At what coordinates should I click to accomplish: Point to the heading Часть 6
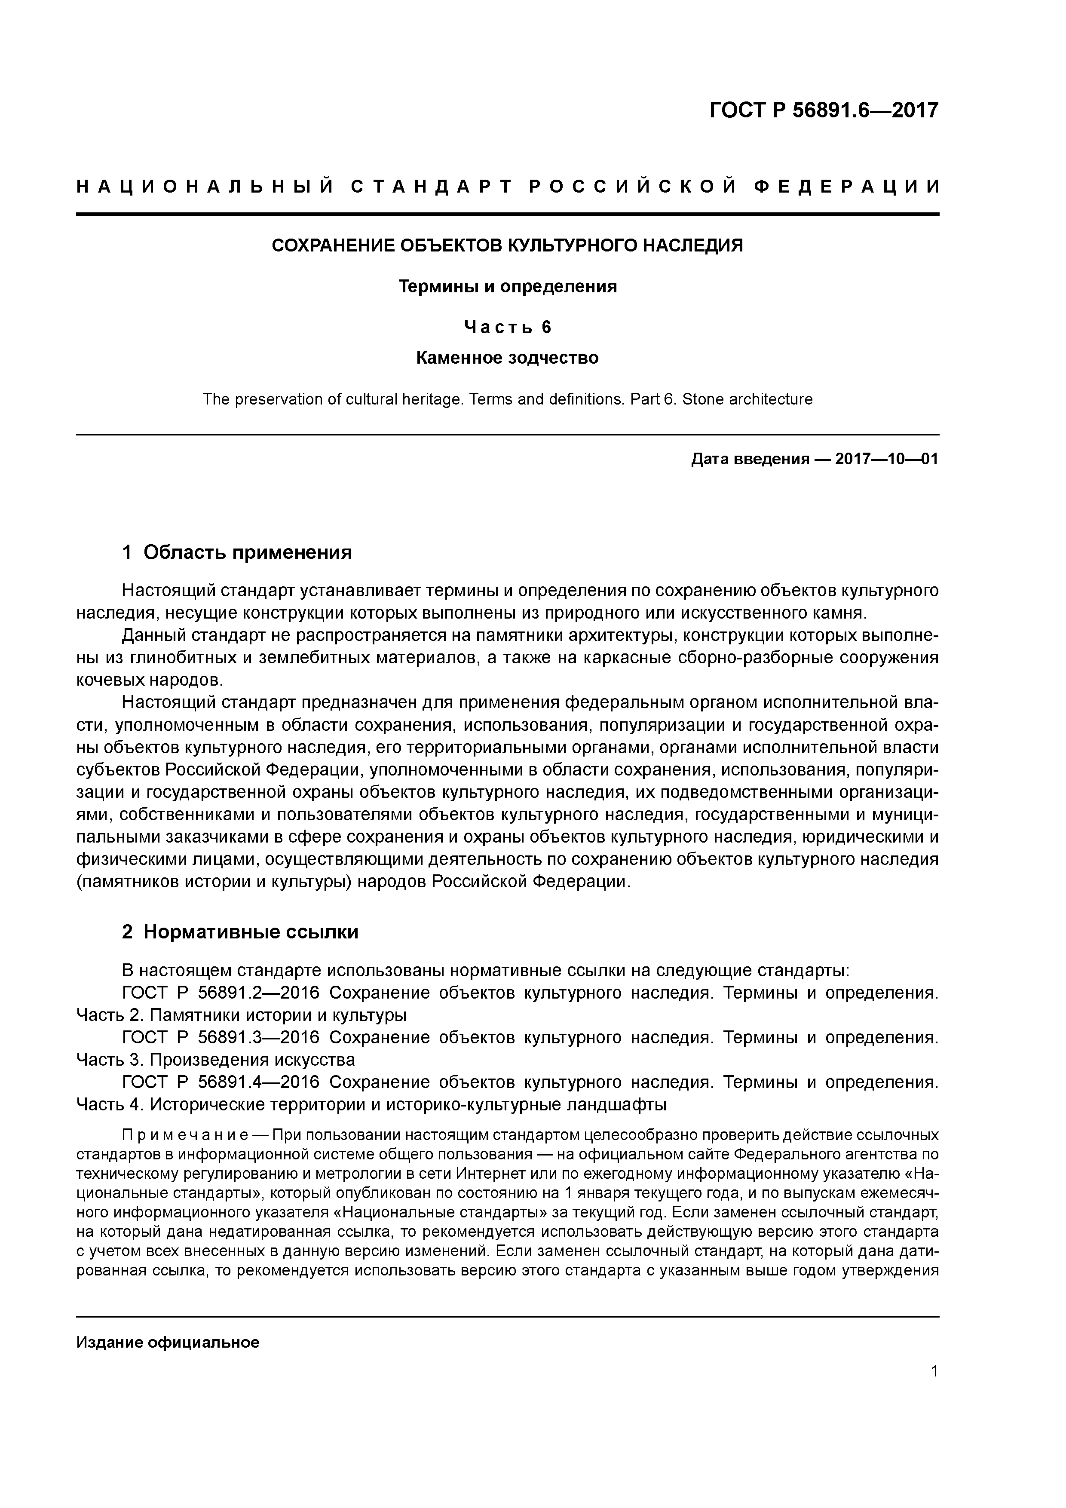tap(508, 326)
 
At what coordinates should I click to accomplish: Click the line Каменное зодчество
tap(508, 358)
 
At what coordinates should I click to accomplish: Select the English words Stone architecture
tap(747, 399)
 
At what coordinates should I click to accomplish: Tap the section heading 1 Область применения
tap(237, 552)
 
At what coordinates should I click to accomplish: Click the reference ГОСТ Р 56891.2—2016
tap(221, 993)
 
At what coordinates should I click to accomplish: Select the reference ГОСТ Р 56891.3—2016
tap(221, 1038)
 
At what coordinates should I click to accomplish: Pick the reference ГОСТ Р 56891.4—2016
tap(221, 1082)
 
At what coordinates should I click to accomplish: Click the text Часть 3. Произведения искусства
tap(215, 1060)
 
